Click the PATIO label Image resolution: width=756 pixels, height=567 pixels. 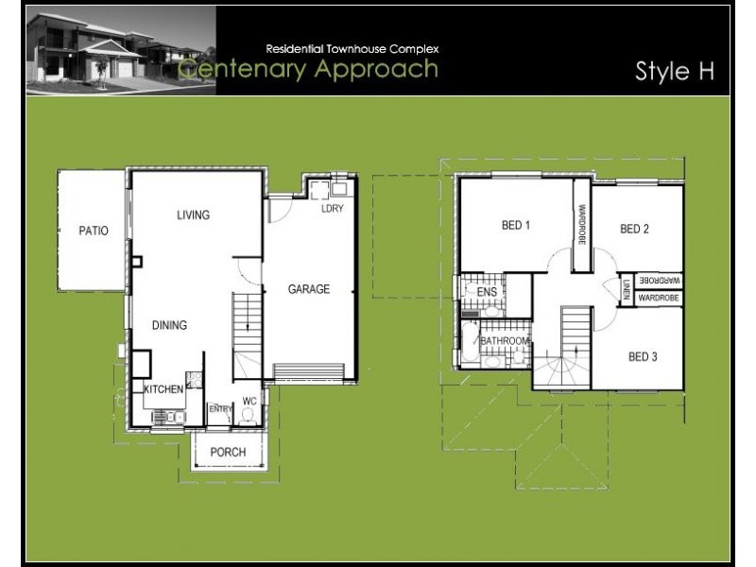click(x=93, y=230)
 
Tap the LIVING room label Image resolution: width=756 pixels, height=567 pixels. click(x=193, y=215)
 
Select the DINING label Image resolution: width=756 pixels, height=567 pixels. click(x=169, y=325)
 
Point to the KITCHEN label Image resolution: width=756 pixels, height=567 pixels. click(x=163, y=388)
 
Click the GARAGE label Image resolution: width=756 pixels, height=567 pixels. click(x=309, y=289)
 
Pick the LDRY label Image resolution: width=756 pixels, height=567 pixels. click(x=332, y=209)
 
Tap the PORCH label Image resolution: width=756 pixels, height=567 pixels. click(x=228, y=452)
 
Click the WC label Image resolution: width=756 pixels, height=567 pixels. click(x=249, y=401)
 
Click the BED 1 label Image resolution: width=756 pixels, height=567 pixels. click(x=515, y=225)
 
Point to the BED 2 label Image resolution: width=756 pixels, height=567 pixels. click(x=635, y=228)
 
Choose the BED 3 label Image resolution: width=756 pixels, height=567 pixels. click(x=643, y=356)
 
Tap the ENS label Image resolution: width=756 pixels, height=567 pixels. click(x=487, y=293)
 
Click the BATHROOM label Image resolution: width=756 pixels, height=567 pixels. click(x=505, y=341)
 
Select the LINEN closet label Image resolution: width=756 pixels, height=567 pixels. click(x=627, y=290)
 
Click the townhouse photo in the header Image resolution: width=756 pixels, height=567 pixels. click(x=120, y=50)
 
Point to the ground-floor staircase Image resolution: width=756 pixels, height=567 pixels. click(x=247, y=335)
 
